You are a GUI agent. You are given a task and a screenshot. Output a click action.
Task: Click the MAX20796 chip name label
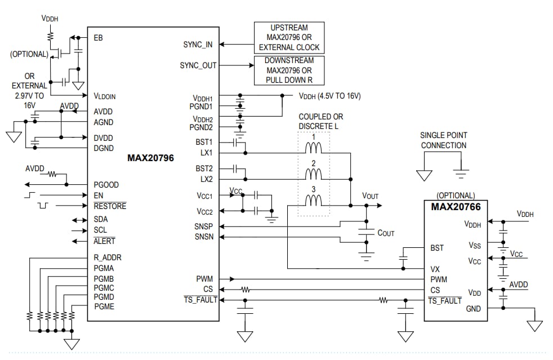click(x=150, y=158)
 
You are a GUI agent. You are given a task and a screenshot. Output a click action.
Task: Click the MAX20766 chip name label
click(x=456, y=207)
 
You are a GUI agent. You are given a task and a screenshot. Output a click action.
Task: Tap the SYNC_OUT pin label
click(x=198, y=65)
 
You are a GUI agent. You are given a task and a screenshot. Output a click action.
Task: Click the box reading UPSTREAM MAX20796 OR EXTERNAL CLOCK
click(x=289, y=38)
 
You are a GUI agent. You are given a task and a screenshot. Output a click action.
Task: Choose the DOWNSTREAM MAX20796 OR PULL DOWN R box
click(x=289, y=70)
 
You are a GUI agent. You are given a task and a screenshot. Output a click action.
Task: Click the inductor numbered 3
click(x=313, y=201)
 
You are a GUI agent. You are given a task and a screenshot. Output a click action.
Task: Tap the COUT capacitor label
click(x=386, y=233)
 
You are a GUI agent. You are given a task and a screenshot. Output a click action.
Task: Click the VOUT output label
click(x=370, y=196)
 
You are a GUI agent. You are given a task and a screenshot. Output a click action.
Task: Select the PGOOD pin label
click(x=106, y=185)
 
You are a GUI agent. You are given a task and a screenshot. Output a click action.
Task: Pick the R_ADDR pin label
click(x=108, y=257)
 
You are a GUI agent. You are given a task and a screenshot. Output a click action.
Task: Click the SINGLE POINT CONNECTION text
click(x=443, y=140)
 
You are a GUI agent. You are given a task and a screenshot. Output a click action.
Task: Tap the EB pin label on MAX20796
click(x=99, y=38)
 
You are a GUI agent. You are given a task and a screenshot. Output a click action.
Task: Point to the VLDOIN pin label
click(x=105, y=96)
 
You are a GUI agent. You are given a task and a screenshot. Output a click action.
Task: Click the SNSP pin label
click(x=203, y=226)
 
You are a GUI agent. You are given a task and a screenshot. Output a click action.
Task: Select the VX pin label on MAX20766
click(x=435, y=269)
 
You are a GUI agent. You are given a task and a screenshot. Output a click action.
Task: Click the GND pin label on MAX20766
click(x=473, y=309)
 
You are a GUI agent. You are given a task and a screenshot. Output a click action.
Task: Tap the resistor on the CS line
click(x=245, y=290)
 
